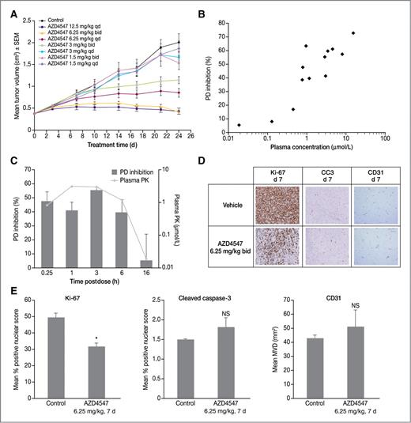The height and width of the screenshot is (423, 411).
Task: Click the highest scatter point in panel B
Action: tap(353, 33)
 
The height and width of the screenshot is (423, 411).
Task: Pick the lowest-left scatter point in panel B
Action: tap(239, 125)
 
